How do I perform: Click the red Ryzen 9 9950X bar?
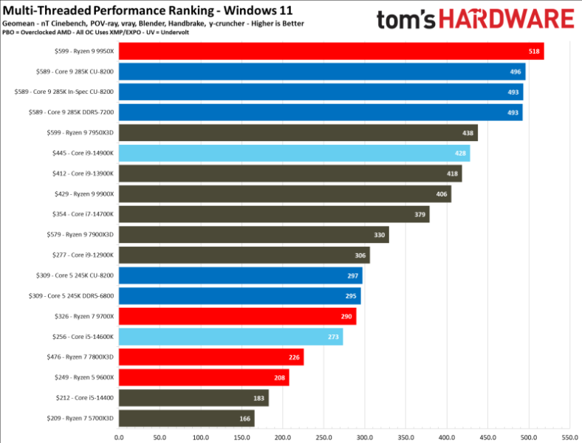(331, 51)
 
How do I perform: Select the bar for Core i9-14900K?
(294, 153)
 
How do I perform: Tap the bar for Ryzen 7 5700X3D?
(186, 418)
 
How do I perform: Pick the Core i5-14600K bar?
(230, 337)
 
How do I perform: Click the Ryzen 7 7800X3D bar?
(211, 357)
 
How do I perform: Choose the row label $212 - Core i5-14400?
(83, 398)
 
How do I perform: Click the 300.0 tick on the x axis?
(364, 436)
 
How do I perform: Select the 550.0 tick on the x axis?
(569, 436)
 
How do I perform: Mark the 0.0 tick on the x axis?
(119, 436)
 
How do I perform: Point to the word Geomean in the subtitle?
(16, 24)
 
